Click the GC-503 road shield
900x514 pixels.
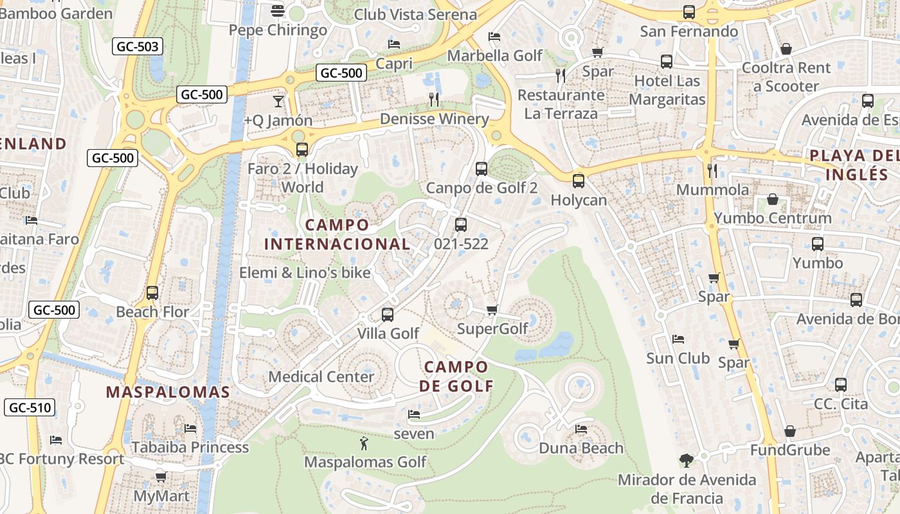[x=138, y=46]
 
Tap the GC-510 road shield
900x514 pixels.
[x=30, y=407]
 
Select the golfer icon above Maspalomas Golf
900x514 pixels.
[x=364, y=443]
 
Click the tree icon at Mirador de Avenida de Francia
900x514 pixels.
[x=687, y=460]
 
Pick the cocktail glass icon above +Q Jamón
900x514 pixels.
[x=278, y=101]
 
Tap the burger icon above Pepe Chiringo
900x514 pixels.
[x=278, y=10]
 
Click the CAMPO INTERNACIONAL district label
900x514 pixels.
[x=337, y=235]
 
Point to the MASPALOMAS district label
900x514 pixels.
[x=168, y=392]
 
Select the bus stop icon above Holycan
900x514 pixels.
[x=579, y=181]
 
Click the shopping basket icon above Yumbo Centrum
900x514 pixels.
[x=772, y=200]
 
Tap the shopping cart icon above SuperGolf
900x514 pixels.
[x=492, y=310]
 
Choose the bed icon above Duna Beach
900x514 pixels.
[x=581, y=429]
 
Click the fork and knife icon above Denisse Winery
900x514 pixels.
[x=435, y=100]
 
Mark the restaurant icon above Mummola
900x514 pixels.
[x=712, y=171]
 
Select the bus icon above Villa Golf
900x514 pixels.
[x=388, y=315]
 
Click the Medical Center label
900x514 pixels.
[x=321, y=377]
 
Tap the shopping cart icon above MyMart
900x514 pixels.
[x=161, y=477]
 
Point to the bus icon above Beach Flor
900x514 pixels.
[x=152, y=293]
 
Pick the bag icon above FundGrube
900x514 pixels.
[x=790, y=431]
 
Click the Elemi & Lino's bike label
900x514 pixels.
[x=305, y=272]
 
